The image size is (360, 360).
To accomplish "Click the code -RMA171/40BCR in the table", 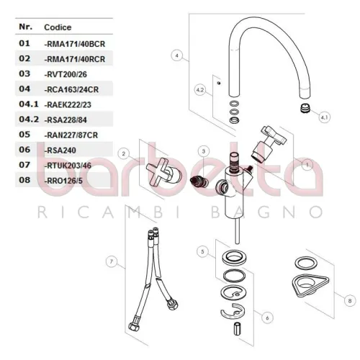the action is pyautogui.click(x=75, y=44).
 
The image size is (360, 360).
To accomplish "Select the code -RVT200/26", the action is pyautogui.click(x=66, y=74).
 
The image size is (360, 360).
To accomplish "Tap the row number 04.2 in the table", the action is pyautogui.click(x=29, y=119).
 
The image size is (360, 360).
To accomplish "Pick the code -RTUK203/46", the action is pyautogui.click(x=68, y=166).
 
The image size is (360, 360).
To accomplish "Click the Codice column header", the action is pyautogui.click(x=58, y=27).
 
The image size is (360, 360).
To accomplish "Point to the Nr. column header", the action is pyautogui.click(x=26, y=27).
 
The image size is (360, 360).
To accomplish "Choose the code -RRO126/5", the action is pyautogui.click(x=63, y=181).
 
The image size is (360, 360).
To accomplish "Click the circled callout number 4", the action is pyautogui.click(x=177, y=55).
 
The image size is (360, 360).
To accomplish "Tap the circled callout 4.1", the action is pyautogui.click(x=324, y=117).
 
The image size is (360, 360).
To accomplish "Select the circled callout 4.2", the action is pyautogui.click(x=200, y=90).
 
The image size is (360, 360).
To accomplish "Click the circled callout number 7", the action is pyautogui.click(x=112, y=261).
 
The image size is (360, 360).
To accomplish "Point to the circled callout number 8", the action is pyautogui.click(x=350, y=301).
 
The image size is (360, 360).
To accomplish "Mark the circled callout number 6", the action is pyautogui.click(x=267, y=318).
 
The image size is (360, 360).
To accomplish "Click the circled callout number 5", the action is pyautogui.click(x=202, y=252).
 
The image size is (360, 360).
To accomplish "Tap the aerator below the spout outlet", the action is pyautogui.click(x=305, y=108).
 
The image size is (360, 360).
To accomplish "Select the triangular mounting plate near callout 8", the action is pyautogui.click(x=310, y=285).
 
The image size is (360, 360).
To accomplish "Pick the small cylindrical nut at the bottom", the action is pyautogui.click(x=237, y=328).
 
